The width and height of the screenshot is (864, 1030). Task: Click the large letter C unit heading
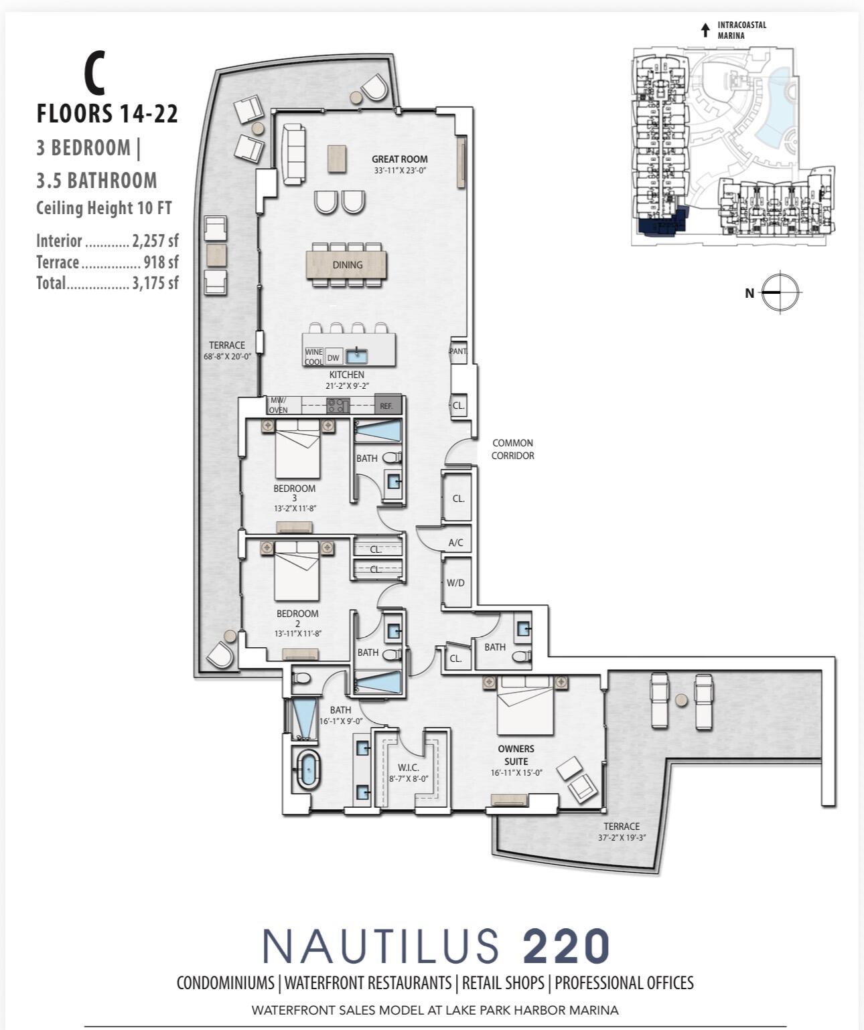click(x=94, y=74)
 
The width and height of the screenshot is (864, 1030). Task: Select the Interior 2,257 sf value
click(x=155, y=241)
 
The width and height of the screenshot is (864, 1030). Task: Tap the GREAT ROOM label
click(x=399, y=159)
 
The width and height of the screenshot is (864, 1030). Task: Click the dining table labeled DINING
click(x=347, y=264)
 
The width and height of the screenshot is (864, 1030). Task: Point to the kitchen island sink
click(x=356, y=355)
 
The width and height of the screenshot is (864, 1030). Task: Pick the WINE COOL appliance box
click(x=313, y=357)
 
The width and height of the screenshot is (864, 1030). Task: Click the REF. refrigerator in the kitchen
click(x=387, y=405)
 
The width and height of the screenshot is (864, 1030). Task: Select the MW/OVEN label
click(x=279, y=406)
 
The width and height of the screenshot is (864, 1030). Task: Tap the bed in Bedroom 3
click(x=298, y=447)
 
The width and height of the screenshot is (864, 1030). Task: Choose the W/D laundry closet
click(x=455, y=583)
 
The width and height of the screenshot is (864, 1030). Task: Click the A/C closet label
click(x=455, y=543)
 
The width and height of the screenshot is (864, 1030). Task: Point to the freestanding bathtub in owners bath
click(x=307, y=770)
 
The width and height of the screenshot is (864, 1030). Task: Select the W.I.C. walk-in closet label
click(x=408, y=768)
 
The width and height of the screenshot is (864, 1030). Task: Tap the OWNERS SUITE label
click(x=516, y=755)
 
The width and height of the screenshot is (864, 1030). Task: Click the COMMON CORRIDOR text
click(x=512, y=449)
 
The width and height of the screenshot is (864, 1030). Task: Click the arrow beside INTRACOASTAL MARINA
click(x=705, y=30)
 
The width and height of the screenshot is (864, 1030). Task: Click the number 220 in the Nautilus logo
click(x=566, y=946)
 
